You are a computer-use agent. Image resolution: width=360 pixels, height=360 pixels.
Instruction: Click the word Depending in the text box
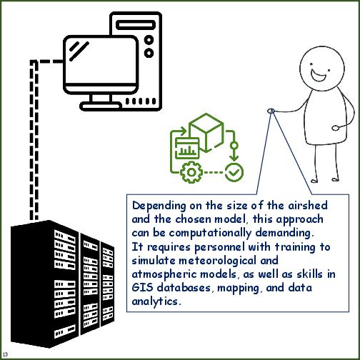tap(159, 206)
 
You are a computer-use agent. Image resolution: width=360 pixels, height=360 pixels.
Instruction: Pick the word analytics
tap(156, 301)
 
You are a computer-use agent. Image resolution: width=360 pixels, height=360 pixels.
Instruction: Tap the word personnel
tap(219, 247)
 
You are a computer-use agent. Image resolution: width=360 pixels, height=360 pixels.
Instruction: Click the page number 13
tap(5, 354)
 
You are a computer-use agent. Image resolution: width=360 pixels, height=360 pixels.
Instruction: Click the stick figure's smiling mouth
tap(319, 75)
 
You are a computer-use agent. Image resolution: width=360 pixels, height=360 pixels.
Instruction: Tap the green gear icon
tap(191, 172)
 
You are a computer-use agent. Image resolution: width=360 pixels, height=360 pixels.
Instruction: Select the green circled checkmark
tap(234, 172)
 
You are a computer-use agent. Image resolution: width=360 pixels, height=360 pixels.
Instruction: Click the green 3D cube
tap(206, 132)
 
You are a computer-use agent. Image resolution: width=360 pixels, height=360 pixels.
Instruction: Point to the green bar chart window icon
tap(187, 148)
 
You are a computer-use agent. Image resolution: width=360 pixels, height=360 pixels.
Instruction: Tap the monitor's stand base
tap(100, 106)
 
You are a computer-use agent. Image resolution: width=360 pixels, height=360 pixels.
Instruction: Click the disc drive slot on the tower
tap(136, 25)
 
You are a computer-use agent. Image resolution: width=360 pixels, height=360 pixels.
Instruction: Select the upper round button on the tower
tap(149, 40)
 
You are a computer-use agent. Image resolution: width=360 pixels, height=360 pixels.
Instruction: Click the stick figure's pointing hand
tap(271, 111)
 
